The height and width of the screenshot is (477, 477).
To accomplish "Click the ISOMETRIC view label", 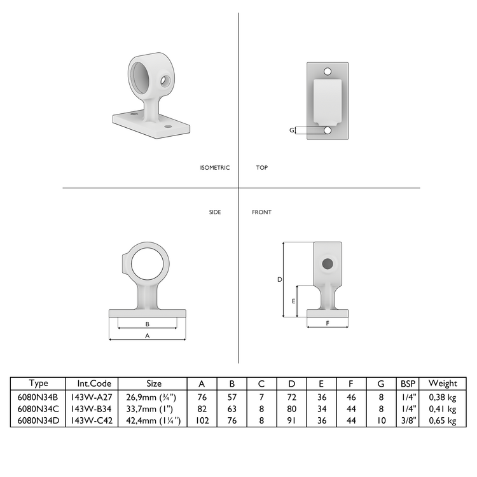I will [214, 168].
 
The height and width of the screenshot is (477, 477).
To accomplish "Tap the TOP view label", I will [261, 168].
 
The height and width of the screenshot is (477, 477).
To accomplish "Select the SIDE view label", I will [215, 212].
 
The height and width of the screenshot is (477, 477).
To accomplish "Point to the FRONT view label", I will [261, 212].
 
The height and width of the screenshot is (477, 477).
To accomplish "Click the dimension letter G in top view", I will [292, 130].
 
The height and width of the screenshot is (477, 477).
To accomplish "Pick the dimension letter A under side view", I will [148, 335].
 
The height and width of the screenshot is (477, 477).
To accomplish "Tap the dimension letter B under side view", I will [148, 324].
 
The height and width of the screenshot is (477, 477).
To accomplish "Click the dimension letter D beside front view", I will [279, 279].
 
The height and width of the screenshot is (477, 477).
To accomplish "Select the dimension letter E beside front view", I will [293, 301].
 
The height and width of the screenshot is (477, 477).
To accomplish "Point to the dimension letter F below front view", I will [328, 323].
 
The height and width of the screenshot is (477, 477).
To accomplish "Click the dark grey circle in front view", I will [327, 263].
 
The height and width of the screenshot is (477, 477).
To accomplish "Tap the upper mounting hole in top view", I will [328, 71].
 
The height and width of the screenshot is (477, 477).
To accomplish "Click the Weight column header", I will [443, 384].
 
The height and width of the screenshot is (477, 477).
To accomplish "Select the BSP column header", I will [407, 384].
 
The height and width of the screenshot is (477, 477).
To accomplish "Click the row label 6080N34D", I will [38, 420].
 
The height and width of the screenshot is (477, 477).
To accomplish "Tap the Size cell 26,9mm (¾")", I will [155, 397].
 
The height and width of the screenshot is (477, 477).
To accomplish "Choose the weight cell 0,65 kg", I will [443, 420].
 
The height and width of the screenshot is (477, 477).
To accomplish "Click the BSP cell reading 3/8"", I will [407, 420].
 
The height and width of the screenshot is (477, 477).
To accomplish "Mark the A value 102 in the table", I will [202, 420].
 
